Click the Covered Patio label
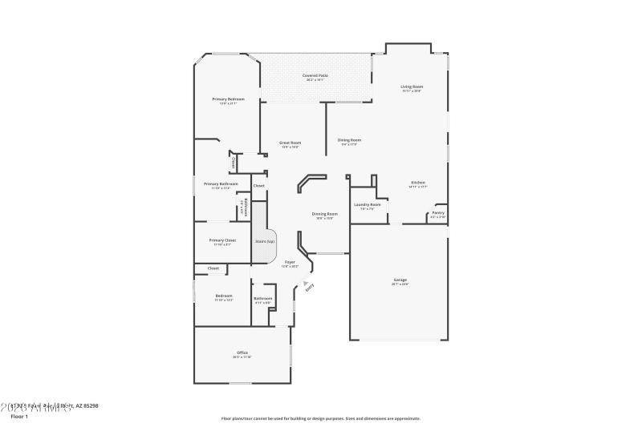coord(315,75)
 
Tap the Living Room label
coord(412,87)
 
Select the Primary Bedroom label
coord(228,99)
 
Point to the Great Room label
coord(290,143)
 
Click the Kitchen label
coord(418,183)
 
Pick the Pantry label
coord(438,212)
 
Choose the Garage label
coord(400,280)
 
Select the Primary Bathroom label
coord(221,184)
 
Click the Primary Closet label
coord(222,240)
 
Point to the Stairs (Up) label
coord(265,240)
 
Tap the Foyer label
coord(290,262)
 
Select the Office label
coord(242,352)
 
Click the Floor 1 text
coord(19,417)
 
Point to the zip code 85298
coord(89,406)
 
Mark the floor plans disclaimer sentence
coord(320,418)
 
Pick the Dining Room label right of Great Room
coord(349,140)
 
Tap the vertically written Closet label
coord(234,162)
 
